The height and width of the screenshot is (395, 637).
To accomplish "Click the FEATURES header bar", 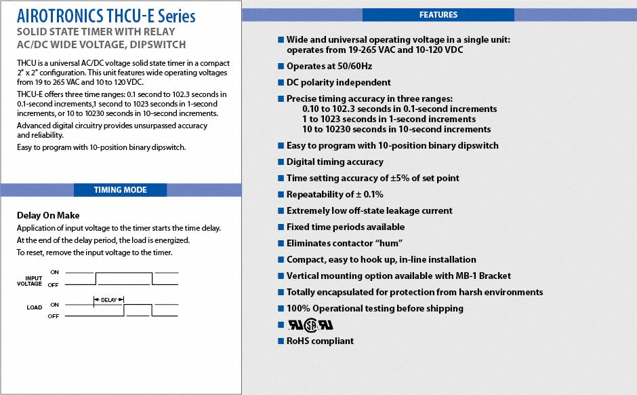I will click(438, 15).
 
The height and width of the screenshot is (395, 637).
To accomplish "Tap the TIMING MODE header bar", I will click(120, 190).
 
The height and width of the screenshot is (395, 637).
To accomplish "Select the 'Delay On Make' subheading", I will click(48, 216).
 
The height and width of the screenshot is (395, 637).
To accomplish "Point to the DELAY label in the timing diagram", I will click(109, 299).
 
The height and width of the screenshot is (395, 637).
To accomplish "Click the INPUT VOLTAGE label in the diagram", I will click(34, 281).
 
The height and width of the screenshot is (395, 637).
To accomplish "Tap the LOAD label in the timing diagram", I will click(35, 307).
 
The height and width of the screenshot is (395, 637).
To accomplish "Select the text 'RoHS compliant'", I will click(320, 341).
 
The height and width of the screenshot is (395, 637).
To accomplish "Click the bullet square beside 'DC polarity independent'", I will click(281, 83).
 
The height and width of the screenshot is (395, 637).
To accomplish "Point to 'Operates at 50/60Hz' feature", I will click(329, 67).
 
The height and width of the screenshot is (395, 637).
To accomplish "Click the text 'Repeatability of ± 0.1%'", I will click(335, 194).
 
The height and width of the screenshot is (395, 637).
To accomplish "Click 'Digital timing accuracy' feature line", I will click(335, 162).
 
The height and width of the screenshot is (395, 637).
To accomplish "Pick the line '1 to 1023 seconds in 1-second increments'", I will click(389, 119).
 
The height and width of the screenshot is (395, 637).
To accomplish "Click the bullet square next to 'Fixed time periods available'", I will click(281, 227).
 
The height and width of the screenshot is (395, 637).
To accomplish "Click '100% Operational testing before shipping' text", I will click(375, 308).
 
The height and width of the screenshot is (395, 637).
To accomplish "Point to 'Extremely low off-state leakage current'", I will click(369, 210).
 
